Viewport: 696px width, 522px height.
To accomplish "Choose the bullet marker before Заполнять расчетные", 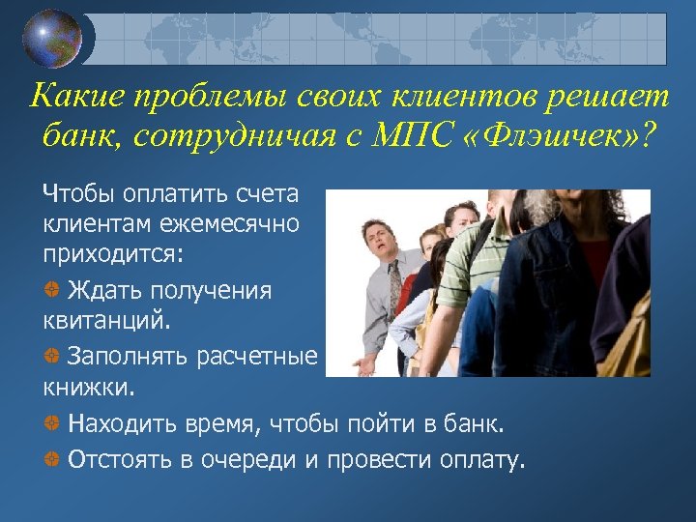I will tap(50, 358).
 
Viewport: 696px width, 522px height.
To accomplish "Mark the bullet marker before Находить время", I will tap(50, 423).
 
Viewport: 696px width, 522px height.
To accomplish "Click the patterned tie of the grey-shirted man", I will tap(394, 286).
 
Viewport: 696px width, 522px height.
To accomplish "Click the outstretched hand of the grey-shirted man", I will tap(364, 365).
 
